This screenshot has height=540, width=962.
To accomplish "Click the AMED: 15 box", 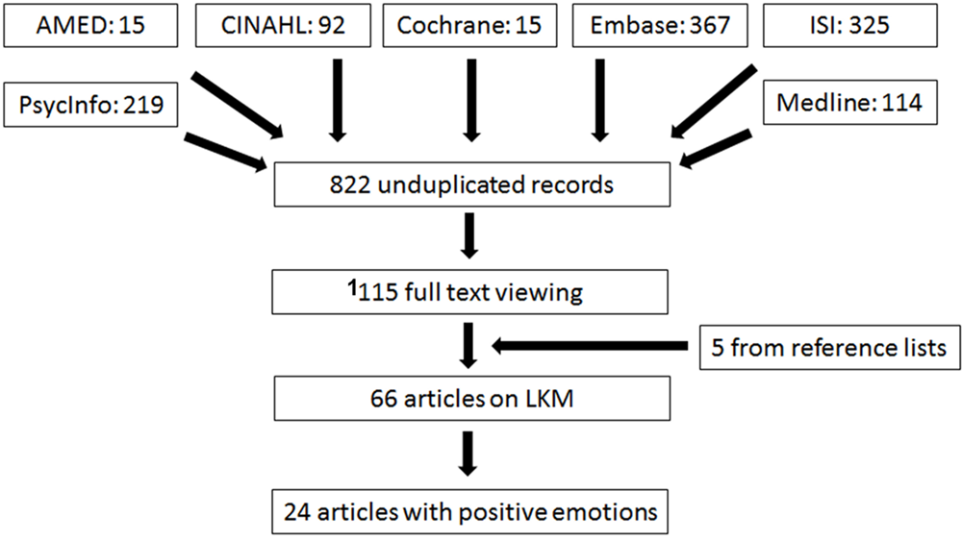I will pos(89,23).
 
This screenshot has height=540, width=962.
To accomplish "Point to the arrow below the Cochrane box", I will pos(469,101).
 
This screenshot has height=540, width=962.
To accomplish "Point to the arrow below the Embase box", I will pos(598,101).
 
